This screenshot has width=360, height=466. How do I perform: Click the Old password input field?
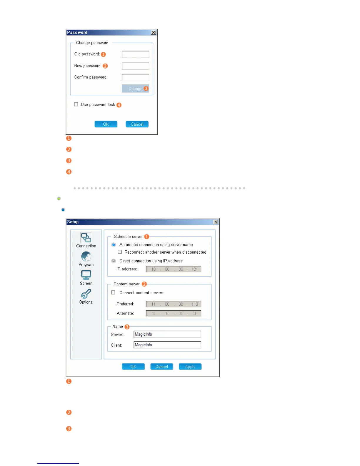(x=135, y=54)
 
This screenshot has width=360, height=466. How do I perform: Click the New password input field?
(x=135, y=66)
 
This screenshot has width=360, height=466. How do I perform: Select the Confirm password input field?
(x=135, y=77)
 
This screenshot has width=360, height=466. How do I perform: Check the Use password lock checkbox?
(x=76, y=104)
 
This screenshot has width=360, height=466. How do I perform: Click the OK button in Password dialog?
(x=106, y=124)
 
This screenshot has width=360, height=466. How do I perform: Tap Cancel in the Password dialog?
(x=137, y=124)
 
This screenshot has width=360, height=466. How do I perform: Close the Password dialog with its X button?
(x=154, y=32)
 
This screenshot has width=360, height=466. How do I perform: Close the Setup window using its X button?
(x=216, y=222)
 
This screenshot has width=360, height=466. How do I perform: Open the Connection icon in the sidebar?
(x=86, y=238)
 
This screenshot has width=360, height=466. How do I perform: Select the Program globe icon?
(x=86, y=257)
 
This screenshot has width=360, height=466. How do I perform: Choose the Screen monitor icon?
(x=86, y=275)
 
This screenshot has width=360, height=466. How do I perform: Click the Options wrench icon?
(x=86, y=294)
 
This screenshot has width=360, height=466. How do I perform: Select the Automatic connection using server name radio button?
(x=114, y=245)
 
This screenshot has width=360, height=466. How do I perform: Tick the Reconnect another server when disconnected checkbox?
(x=120, y=252)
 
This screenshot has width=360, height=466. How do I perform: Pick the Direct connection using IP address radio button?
(x=114, y=261)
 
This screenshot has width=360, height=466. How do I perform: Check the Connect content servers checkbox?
(x=113, y=293)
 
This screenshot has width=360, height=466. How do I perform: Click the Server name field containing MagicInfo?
(x=167, y=334)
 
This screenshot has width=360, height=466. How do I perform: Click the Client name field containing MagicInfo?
(x=167, y=345)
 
